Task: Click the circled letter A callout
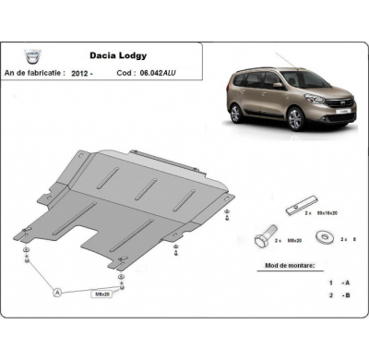pyautogui.click(x=58, y=292)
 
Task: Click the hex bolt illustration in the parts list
pyautogui.click(x=264, y=239)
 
